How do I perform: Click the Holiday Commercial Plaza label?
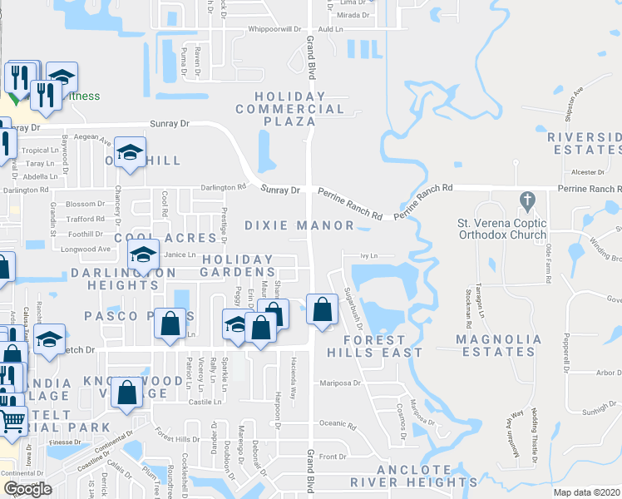[290, 109]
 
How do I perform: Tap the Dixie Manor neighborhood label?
[299, 225]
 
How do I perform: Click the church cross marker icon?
[526, 200]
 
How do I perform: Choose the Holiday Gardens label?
[236, 265]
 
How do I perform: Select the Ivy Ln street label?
[368, 256]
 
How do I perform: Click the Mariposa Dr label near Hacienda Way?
[338, 383]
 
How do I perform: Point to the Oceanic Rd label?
[338, 425]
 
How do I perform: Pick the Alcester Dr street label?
[588, 172]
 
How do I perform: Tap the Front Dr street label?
[333, 457]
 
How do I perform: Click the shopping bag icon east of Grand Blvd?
[322, 310]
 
